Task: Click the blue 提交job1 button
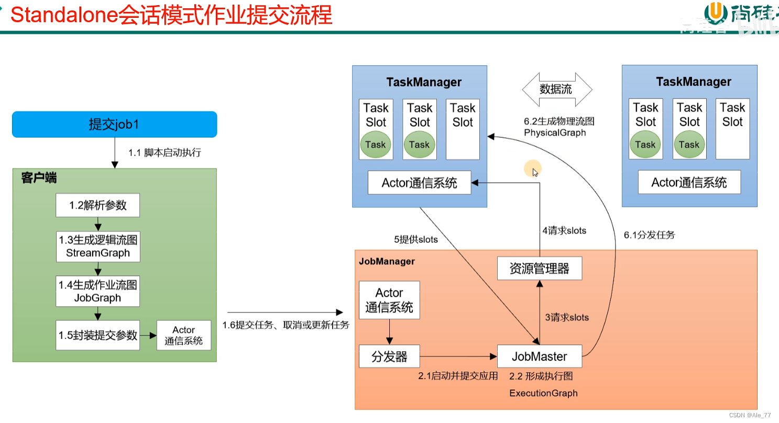click(114, 124)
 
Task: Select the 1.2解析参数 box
click(98, 205)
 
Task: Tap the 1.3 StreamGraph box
click(98, 247)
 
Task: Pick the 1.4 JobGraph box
click(98, 291)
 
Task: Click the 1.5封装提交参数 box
click(98, 335)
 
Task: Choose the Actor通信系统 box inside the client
click(183, 336)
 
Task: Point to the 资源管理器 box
click(539, 269)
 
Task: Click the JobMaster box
click(539, 357)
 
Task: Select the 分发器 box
click(389, 357)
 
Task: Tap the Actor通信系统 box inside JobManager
click(389, 300)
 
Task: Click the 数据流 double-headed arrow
click(556, 89)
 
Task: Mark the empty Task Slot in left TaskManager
click(463, 129)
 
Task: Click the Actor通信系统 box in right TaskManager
click(689, 183)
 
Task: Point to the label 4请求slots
click(564, 230)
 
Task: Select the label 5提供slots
click(416, 240)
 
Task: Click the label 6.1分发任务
click(649, 235)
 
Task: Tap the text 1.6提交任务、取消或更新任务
click(286, 325)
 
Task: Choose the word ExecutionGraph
click(543, 393)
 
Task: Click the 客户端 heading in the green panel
click(39, 178)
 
